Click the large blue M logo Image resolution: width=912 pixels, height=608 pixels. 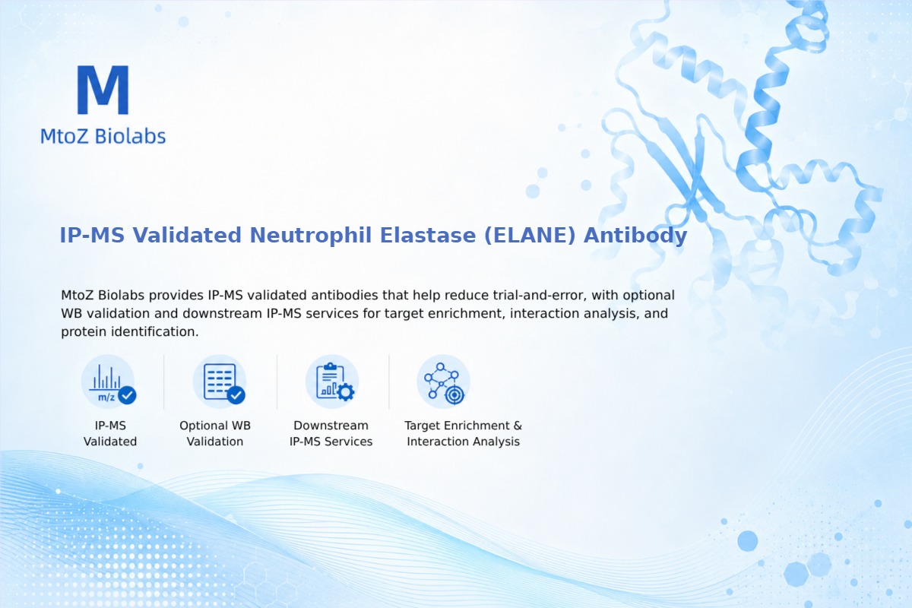click(x=103, y=90)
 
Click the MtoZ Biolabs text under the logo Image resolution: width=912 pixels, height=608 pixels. click(x=103, y=136)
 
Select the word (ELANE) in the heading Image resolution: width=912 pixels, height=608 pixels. click(x=530, y=236)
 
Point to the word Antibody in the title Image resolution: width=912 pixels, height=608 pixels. click(x=635, y=236)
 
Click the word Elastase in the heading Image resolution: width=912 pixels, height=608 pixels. click(x=427, y=236)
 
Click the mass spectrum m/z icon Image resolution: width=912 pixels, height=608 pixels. click(x=108, y=382)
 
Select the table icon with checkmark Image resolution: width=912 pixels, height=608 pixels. click(x=220, y=382)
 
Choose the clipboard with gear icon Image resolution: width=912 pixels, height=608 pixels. click(x=332, y=382)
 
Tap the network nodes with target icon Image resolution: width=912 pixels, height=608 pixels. click(x=443, y=382)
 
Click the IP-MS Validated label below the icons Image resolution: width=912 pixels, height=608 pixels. click(x=110, y=433)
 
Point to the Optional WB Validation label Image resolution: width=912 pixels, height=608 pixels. click(x=215, y=433)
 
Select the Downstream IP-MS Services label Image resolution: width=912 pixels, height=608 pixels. click(x=331, y=433)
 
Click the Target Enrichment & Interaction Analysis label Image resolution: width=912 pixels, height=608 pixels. click(x=464, y=433)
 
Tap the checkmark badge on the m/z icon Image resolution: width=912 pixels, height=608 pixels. click(x=127, y=394)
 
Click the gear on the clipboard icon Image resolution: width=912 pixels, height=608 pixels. click(x=346, y=392)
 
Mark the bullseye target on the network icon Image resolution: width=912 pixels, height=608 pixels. click(x=454, y=395)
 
